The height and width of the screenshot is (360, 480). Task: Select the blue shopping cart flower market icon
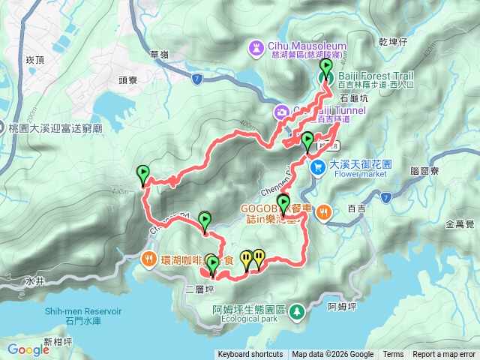[318, 167]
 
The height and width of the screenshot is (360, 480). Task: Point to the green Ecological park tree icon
[298, 310]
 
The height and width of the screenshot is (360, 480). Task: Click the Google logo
[28, 349]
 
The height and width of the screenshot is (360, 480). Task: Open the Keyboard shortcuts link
[250, 355]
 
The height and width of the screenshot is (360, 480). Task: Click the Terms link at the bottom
[393, 355]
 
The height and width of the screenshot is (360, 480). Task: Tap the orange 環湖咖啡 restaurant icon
[148, 260]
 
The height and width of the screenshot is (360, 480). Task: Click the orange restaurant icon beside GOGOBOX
[323, 211]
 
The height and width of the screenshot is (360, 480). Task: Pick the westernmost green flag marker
[142, 175]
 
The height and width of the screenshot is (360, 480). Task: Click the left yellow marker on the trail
[247, 259]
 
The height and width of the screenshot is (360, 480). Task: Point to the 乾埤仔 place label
[393, 42]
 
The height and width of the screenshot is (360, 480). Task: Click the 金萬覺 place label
[459, 223]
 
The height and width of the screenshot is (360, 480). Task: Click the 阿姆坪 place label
[343, 306]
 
